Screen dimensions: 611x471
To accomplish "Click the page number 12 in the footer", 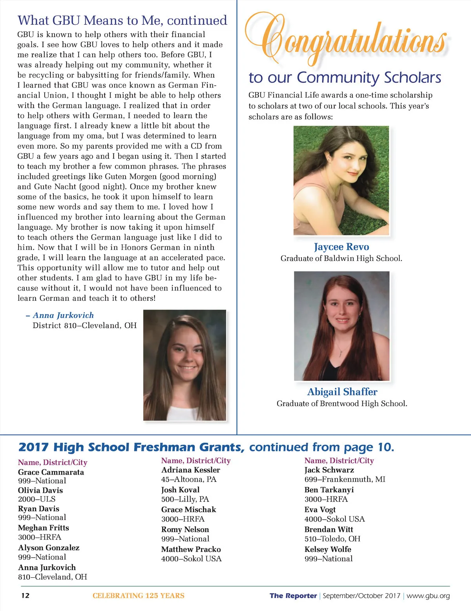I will pos(25,596).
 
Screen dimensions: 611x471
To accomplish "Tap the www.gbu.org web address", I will pos(428,596).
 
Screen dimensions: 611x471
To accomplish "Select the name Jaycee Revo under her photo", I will pos(341,247).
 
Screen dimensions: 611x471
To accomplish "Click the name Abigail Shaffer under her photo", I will pos(342,392).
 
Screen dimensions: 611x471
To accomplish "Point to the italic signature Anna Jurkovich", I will pos(63,315).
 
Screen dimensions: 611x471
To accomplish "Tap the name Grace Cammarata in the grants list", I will pos(51,472).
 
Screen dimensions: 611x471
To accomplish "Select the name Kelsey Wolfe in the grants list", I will pos(328,549).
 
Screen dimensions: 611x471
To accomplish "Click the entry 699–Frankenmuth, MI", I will pos(345,479).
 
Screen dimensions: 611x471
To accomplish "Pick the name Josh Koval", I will pos(180,490).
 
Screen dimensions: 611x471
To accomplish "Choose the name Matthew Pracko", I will pos(191,549).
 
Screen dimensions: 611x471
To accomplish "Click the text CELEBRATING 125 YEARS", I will pos(139,596).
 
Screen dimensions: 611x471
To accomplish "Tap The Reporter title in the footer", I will pos(293,596).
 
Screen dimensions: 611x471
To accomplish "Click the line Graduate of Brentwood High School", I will pos(342,404).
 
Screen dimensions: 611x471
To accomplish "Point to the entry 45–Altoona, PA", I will pos(189,479).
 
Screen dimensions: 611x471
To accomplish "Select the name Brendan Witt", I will pos(329,529).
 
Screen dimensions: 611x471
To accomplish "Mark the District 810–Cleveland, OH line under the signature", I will pos(84,326).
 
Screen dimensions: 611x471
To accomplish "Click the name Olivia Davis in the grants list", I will pos(40,490).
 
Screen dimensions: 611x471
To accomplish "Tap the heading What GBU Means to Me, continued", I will pos(122,20).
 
